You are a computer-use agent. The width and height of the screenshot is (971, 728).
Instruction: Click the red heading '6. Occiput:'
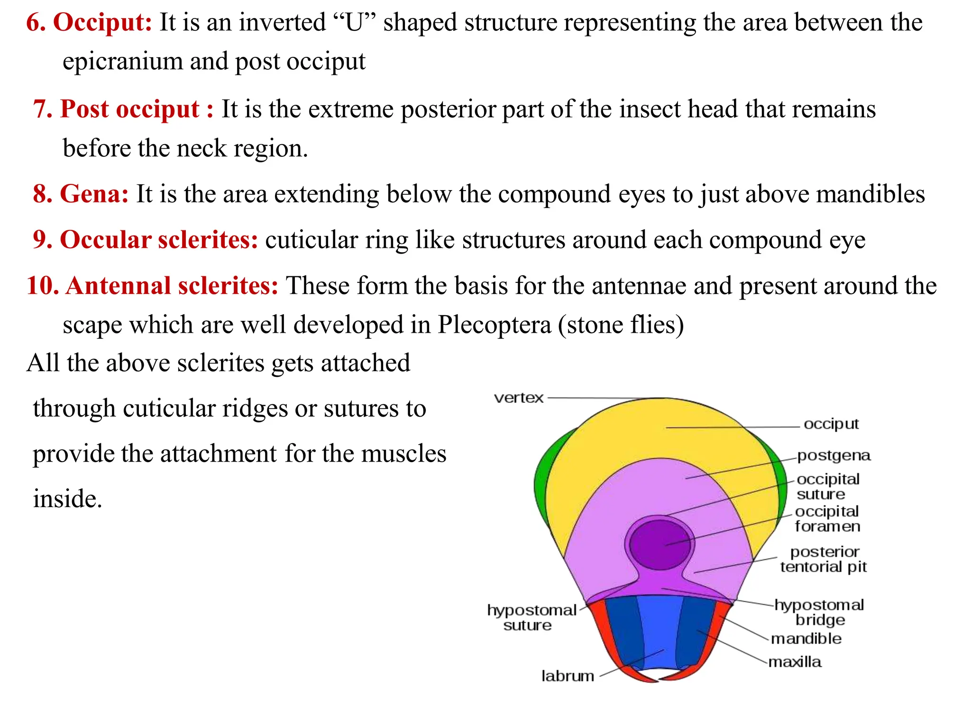click(89, 22)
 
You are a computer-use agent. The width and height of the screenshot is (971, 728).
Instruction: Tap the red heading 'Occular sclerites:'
click(159, 239)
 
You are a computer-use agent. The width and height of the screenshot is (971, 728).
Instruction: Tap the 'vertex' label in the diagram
click(518, 398)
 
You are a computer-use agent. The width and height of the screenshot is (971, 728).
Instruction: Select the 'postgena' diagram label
click(834, 455)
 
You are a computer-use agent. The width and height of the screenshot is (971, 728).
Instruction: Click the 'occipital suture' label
click(828, 487)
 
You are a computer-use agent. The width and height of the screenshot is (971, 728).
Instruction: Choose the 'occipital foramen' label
click(827, 519)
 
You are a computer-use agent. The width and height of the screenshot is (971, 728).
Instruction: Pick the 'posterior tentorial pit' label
click(824, 559)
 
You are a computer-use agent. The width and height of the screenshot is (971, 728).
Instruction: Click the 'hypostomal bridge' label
click(819, 612)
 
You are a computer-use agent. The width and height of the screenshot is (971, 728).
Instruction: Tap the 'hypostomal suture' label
click(531, 618)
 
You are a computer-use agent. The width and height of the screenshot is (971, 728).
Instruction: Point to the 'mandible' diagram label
click(806, 639)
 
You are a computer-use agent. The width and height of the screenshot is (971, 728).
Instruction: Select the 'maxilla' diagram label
click(795, 662)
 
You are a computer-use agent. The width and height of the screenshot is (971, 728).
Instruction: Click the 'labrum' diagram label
click(568, 676)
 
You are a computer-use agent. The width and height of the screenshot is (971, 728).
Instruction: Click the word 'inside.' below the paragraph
click(67, 499)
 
